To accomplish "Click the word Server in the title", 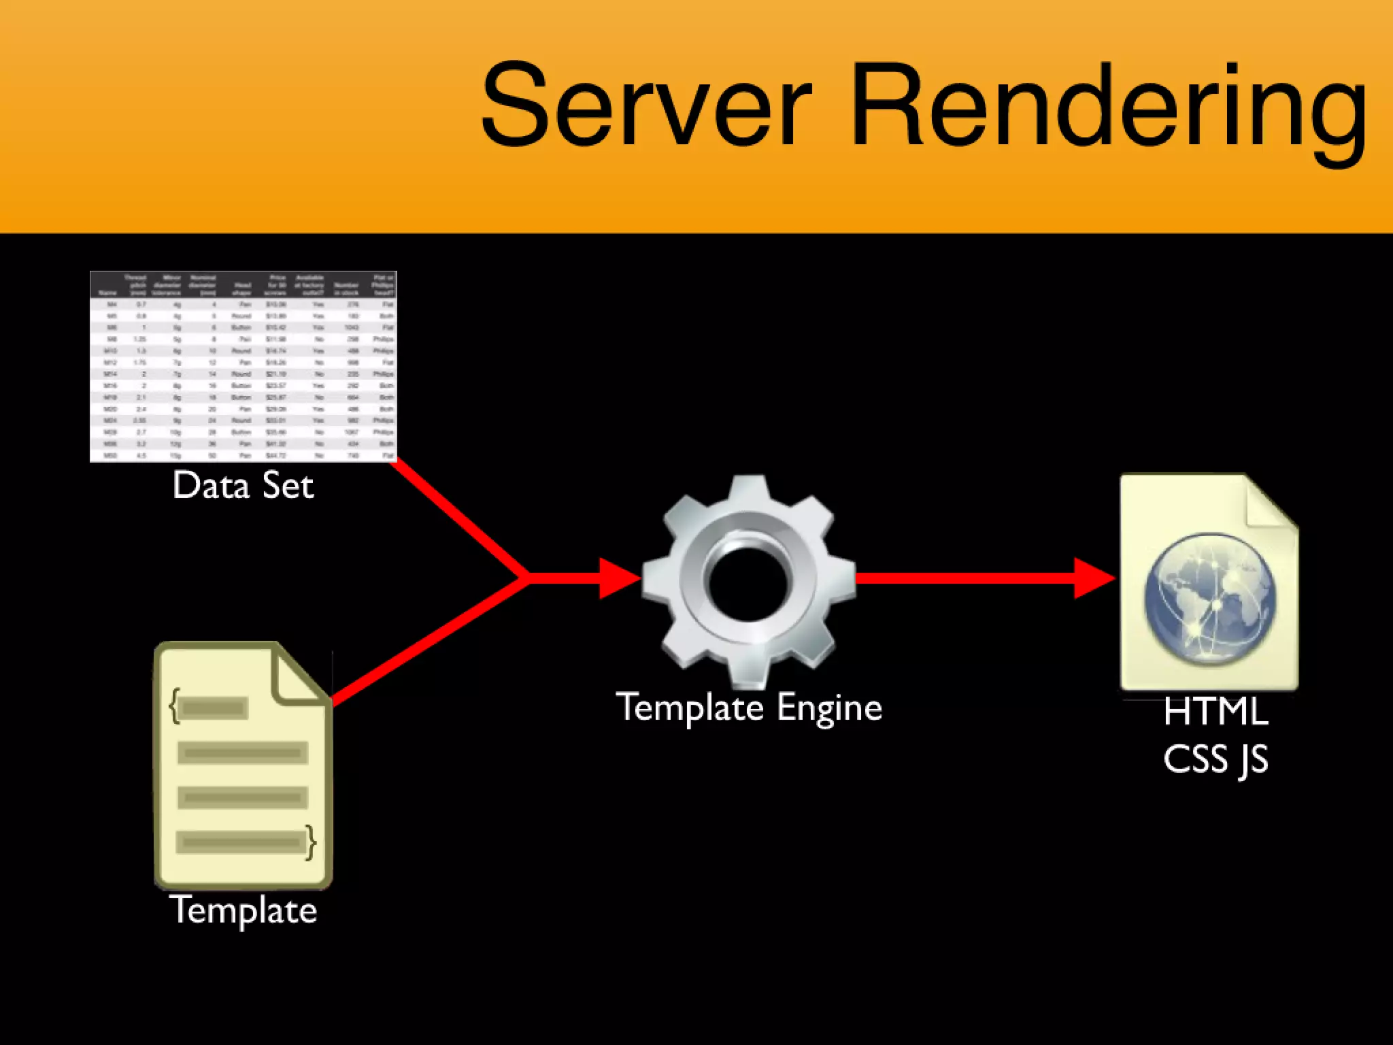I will coord(646,105).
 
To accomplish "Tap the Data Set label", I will coord(243,486).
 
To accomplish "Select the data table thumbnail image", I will coord(243,366).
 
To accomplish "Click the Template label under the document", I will coord(243,910).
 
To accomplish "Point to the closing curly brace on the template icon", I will coord(311,842).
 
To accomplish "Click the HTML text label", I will coord(1215,712).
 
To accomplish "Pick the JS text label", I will coord(1253,760).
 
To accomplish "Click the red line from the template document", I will coord(429,640).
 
